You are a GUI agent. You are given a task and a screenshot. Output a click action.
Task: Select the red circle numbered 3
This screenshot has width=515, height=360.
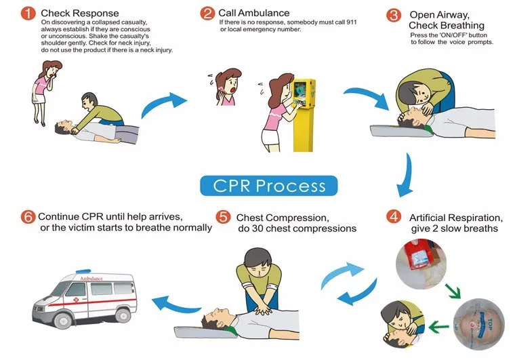(x=393, y=15)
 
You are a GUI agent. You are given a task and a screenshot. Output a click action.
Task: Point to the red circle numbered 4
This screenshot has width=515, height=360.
(x=393, y=218)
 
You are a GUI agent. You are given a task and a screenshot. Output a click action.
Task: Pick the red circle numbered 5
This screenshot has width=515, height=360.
(x=223, y=218)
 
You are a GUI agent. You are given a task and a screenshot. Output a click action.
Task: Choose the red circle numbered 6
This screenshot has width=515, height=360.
(x=28, y=218)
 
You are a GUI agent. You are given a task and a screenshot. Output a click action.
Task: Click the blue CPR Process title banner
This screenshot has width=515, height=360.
(x=269, y=185)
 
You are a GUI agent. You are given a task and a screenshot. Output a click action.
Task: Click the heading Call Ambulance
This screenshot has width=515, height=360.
(x=253, y=13)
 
